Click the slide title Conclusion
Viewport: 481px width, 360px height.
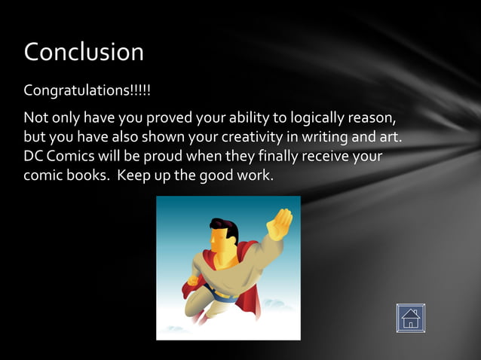[84, 52]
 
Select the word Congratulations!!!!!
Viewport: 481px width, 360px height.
[87, 91]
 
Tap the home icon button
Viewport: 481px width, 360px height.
[410, 318]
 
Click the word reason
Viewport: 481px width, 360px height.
[371, 119]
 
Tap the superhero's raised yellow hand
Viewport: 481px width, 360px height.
[280, 224]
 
